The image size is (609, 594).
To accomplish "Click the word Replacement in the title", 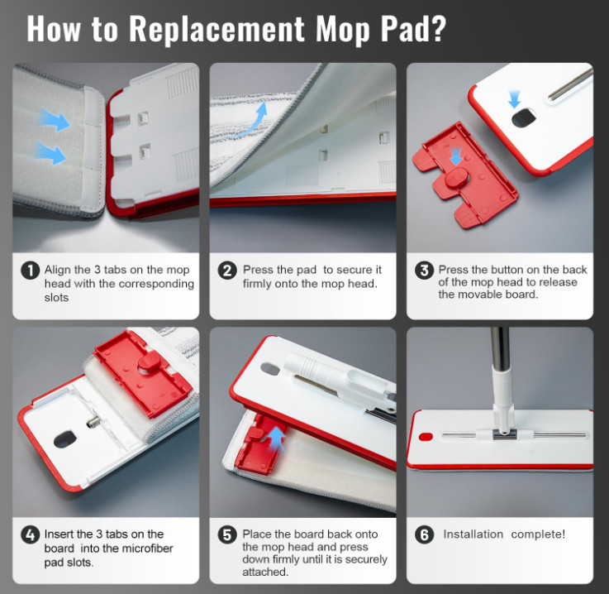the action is pos(216,29).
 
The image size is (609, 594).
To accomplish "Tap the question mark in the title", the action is pos(438,28).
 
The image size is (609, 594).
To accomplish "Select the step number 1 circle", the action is pos(31,271).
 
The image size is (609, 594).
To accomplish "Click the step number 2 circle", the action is pos(227,271).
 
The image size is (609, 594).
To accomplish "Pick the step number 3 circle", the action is pos(425,271).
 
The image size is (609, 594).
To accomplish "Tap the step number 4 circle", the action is pos(31,535).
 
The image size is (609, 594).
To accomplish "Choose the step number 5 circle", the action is pos(227,535).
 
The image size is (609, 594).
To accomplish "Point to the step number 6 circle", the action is pos(425,535).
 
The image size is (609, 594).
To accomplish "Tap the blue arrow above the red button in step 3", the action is pos(456,156).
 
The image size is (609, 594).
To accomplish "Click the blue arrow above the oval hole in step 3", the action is pos(515,99).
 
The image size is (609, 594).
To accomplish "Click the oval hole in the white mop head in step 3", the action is pos(524,118).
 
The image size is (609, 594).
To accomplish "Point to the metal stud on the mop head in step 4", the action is pos(92,421).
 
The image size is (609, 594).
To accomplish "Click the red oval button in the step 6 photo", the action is pos(426,437).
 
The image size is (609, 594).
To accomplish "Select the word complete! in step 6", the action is pos(538,534).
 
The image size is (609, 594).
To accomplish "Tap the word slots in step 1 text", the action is pos(56,297).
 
